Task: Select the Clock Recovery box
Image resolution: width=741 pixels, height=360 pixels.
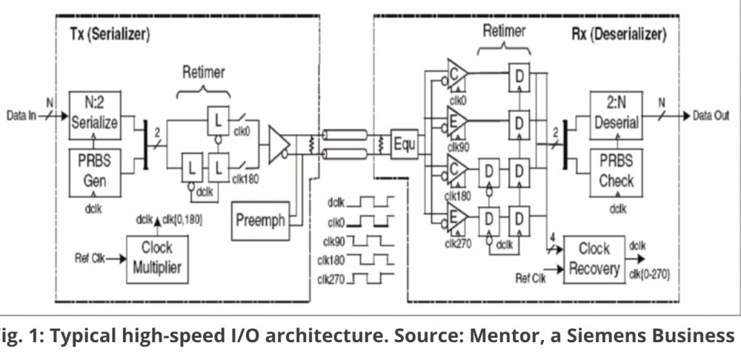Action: (x=594, y=257)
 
